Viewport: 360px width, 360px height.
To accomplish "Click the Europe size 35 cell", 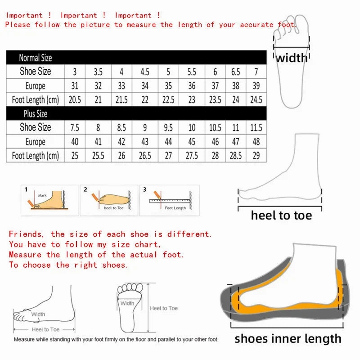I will point(168,85).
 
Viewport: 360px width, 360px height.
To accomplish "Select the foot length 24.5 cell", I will point(256,99).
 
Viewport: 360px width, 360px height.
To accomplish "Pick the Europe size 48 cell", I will point(256,142).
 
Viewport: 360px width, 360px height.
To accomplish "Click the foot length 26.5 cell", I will point(145,156).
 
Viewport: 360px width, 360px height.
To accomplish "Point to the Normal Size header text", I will point(35,58).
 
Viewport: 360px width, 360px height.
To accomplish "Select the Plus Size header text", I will point(35,113).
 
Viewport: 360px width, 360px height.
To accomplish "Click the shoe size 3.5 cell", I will point(98,72).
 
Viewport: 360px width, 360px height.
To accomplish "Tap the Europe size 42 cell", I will point(121,142).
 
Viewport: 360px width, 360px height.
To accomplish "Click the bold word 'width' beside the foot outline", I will point(292,58).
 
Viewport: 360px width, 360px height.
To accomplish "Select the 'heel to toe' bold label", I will point(281,215).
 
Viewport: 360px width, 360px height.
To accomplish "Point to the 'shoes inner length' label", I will point(288,338).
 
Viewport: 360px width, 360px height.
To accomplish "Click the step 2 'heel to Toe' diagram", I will point(108,199).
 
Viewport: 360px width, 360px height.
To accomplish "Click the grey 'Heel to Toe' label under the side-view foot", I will point(45,330).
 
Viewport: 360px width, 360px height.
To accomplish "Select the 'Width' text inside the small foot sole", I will point(127,303).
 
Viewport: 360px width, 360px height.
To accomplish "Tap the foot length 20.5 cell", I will point(75,99).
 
